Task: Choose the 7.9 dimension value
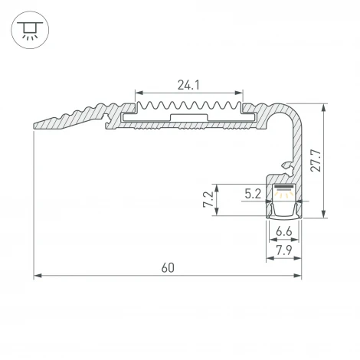[x=283, y=250]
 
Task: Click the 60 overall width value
[x=168, y=267]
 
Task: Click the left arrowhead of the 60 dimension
[x=38, y=276]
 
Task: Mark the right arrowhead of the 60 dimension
[x=299, y=276]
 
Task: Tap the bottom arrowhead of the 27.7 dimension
[x=325, y=216]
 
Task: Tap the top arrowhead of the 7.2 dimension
[x=219, y=186]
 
